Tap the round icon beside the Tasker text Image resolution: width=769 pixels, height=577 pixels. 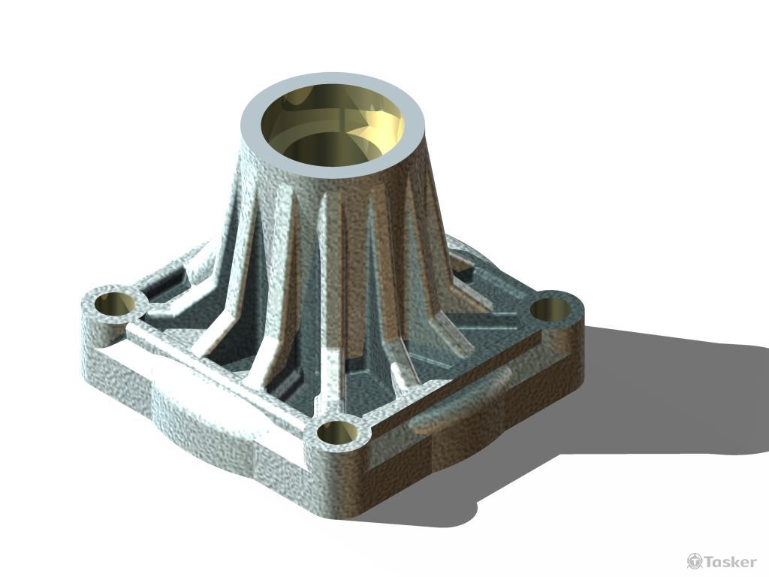(695, 561)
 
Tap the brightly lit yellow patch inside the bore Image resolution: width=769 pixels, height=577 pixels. (391, 120)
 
